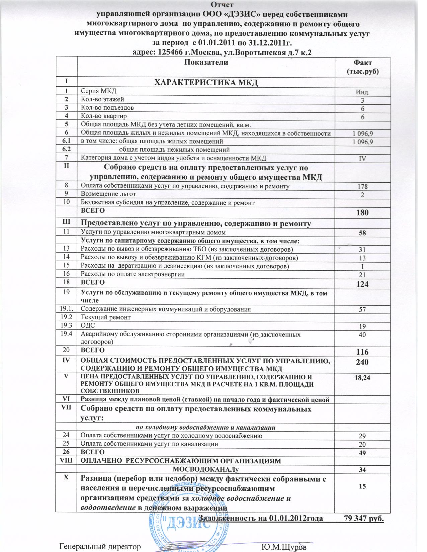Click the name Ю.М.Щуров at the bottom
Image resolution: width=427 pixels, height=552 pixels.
284,547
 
